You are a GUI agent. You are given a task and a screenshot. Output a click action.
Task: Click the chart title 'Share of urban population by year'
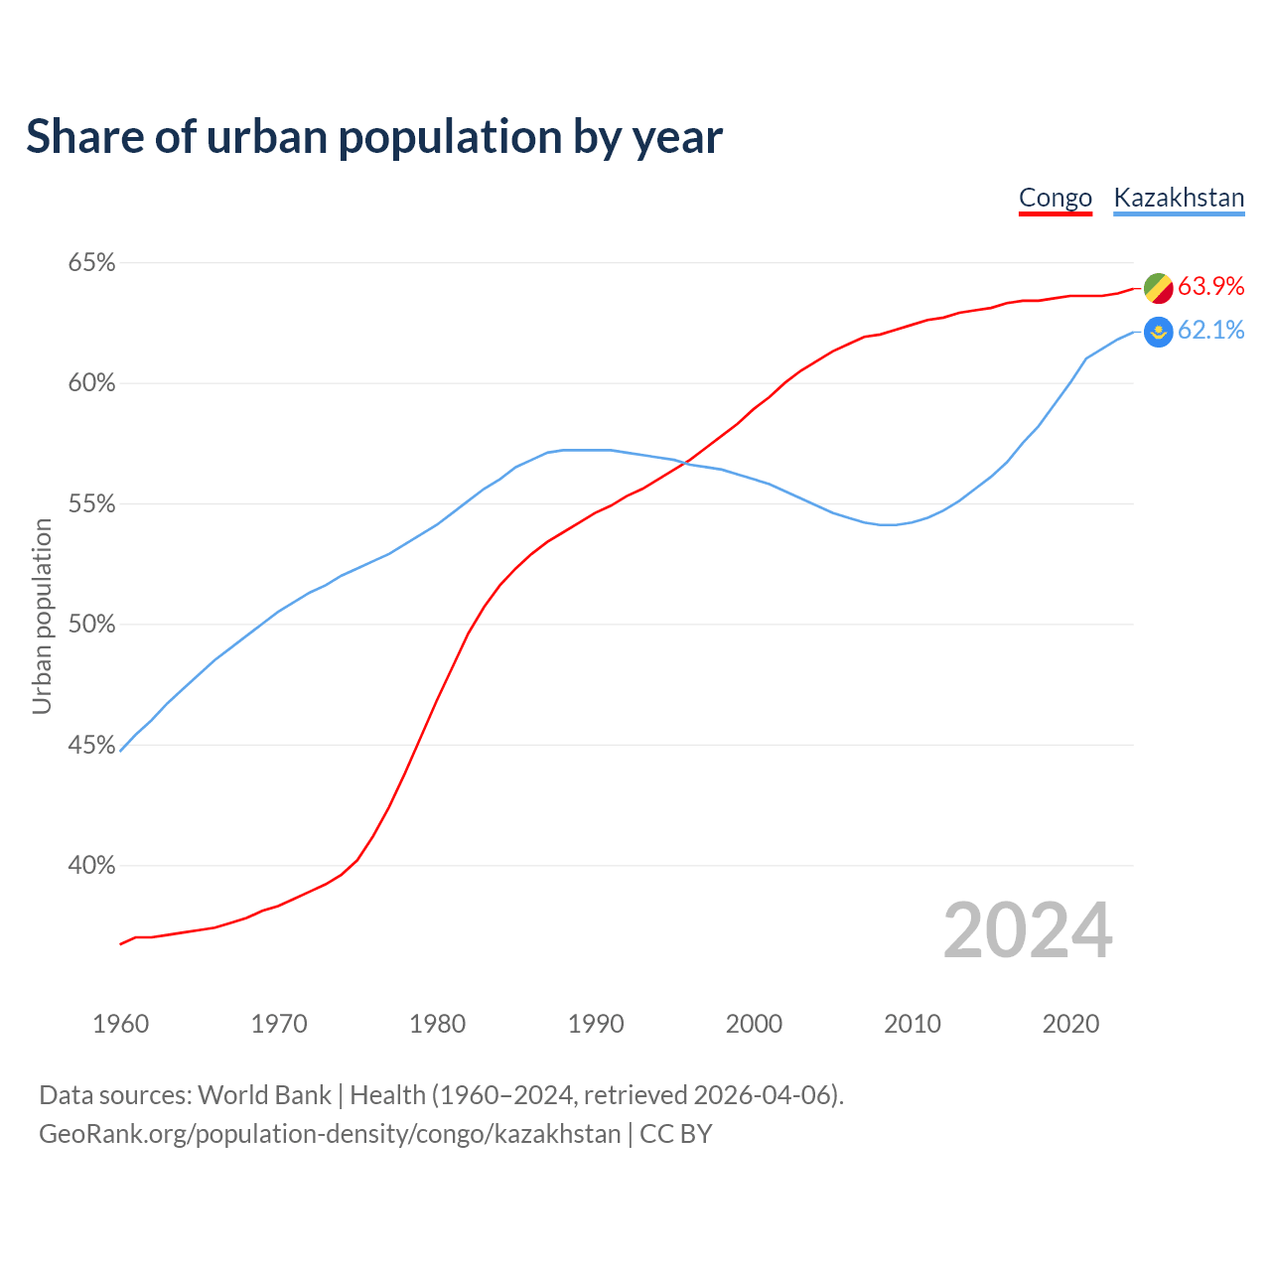tap(374, 137)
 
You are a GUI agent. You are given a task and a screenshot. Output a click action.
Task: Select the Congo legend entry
tap(1056, 198)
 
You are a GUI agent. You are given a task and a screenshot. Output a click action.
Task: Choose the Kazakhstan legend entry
tap(1179, 198)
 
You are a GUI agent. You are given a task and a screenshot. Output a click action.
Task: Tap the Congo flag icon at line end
tap(1158, 288)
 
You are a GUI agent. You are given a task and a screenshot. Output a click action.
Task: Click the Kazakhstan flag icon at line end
tap(1158, 332)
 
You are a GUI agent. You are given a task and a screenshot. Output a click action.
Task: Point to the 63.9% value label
tap(1210, 287)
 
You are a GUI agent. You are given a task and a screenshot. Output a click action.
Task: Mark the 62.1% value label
tap(1210, 331)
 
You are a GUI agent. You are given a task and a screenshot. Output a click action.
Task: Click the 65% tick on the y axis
tap(91, 263)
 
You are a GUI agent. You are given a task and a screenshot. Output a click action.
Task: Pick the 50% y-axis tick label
tap(91, 625)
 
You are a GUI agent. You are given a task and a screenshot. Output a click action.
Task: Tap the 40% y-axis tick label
tap(91, 866)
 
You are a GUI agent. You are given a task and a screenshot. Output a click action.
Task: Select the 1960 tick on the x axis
tap(121, 1024)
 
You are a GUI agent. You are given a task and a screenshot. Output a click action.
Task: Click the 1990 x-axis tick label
tap(596, 1024)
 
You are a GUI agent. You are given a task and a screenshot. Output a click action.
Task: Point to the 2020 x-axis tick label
tap(1070, 1024)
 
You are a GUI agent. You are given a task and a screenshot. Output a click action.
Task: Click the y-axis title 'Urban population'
tap(42, 617)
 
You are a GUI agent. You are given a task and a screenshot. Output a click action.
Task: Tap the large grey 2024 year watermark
tap(1028, 930)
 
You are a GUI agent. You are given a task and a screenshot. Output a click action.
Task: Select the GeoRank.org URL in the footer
tap(330, 1134)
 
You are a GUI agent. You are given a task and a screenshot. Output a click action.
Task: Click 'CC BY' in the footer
tap(676, 1134)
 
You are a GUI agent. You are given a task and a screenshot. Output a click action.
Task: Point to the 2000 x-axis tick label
tap(754, 1024)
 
